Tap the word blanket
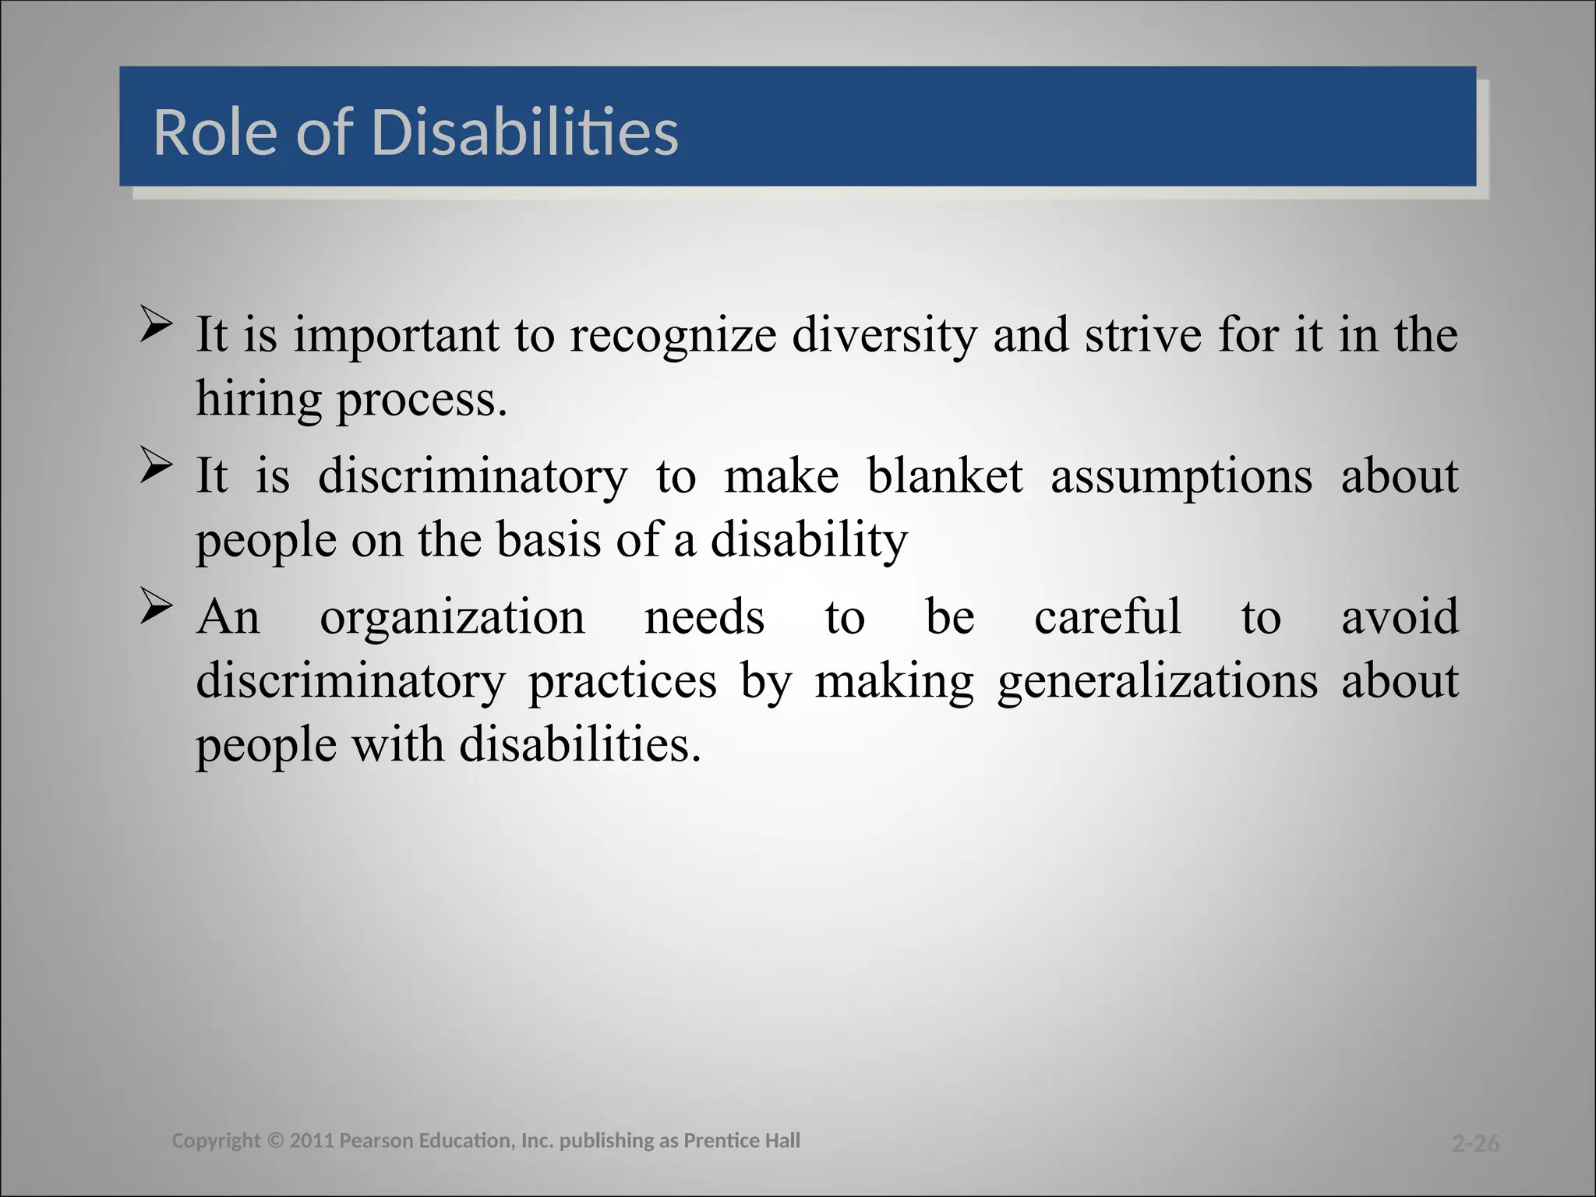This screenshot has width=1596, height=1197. pos(945,476)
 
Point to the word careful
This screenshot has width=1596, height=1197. pos(1107,616)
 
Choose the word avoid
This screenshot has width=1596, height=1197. pos(1400,616)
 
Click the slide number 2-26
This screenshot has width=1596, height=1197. pos(1475,1143)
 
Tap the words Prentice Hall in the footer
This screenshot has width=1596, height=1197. pos(741,1141)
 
